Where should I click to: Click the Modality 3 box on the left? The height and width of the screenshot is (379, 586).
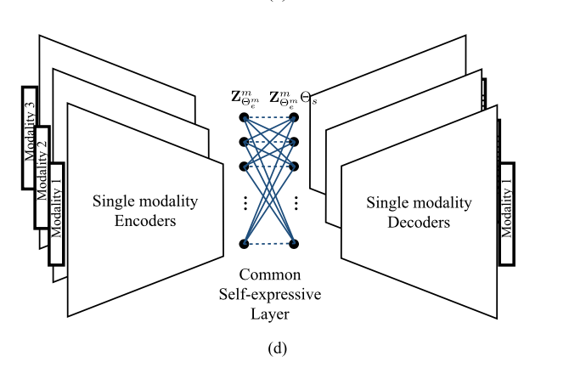[x=29, y=137]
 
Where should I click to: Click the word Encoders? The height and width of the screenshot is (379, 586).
[x=144, y=221]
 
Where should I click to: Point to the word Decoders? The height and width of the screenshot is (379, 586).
[x=419, y=223]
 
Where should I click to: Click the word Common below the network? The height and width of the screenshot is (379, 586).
[x=269, y=275]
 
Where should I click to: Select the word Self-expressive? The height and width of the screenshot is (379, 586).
[x=269, y=294]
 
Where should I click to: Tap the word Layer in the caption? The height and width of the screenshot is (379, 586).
[x=269, y=313]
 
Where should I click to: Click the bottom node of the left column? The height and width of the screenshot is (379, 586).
[x=245, y=244]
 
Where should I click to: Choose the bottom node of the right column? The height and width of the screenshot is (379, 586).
[x=294, y=244]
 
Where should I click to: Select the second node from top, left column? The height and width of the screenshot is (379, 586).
[x=245, y=141]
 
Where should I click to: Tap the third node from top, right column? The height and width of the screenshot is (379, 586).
[x=294, y=165]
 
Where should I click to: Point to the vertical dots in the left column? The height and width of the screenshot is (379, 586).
[x=245, y=203]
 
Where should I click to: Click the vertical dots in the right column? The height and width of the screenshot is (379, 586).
[x=295, y=203]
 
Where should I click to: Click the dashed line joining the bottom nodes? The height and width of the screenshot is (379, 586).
[x=269, y=244]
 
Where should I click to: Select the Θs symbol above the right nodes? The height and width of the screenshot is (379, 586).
[x=311, y=99]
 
